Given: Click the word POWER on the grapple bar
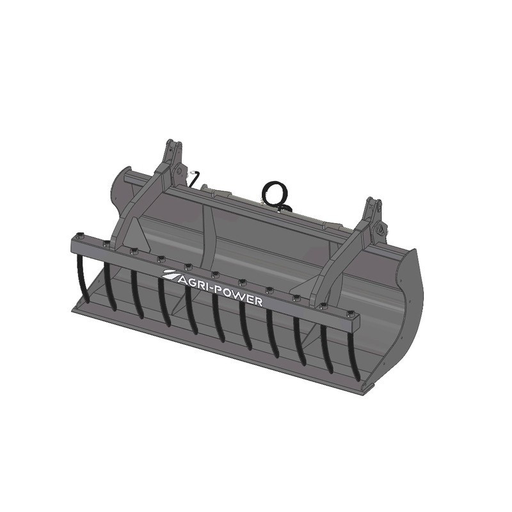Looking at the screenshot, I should point(241,294).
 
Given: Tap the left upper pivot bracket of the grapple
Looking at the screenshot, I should point(172,153).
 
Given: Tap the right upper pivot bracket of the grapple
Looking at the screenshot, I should point(374,214).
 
